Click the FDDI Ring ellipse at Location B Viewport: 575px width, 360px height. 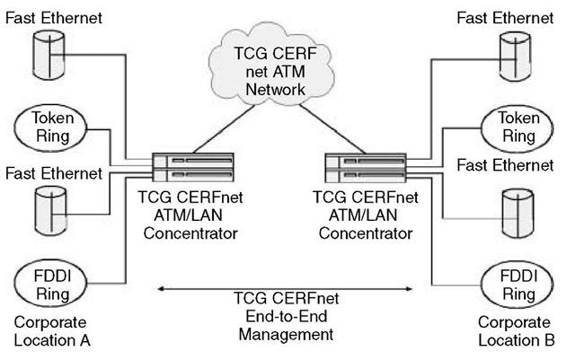pyautogui.click(x=518, y=281)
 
